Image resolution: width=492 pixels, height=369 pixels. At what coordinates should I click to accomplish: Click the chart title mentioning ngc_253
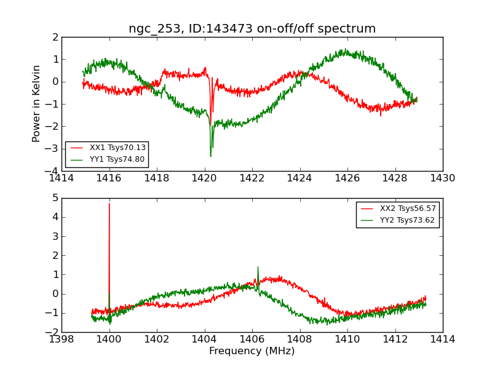tap(252, 29)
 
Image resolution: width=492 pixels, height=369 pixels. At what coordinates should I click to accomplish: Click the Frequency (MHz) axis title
tap(252, 351)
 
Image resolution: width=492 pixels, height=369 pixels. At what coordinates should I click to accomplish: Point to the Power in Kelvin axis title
tap(37, 103)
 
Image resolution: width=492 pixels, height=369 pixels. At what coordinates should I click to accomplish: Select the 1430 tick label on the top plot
tap(442, 178)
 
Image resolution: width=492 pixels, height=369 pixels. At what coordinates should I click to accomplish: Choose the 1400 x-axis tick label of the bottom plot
tap(109, 339)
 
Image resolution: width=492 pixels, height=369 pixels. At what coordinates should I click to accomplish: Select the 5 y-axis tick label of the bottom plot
tap(55, 198)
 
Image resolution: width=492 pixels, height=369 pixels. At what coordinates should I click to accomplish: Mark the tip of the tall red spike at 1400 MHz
tap(109, 204)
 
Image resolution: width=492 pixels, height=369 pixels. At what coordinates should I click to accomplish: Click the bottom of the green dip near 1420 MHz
tap(210, 156)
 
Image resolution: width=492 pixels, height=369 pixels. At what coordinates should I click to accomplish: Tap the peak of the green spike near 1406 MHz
tap(258, 267)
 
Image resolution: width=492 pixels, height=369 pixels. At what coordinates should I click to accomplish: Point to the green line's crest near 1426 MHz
tap(346, 50)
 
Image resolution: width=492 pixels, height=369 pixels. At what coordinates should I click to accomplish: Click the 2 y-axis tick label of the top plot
tap(55, 37)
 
